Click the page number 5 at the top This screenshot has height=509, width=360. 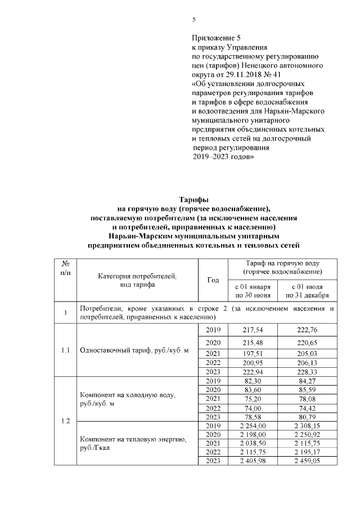point(194,20)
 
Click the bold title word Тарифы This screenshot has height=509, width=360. point(193,200)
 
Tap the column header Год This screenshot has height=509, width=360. point(213,280)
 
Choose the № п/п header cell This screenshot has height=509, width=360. point(65,267)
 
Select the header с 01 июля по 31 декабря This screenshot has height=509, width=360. point(307,291)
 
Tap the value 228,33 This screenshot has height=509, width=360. point(307,372)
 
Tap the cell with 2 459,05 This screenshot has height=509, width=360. point(307,461)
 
